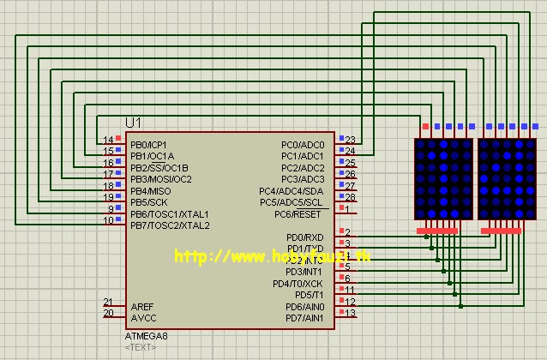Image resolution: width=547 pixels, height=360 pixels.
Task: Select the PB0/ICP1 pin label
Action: tap(149, 145)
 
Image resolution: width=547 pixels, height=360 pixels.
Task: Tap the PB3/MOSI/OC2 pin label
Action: tap(161, 179)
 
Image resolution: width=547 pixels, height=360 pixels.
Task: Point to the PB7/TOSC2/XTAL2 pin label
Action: tap(170, 225)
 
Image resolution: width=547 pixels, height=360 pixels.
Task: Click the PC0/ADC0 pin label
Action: tap(303, 145)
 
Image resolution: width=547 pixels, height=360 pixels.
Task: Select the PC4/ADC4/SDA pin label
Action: tap(292, 191)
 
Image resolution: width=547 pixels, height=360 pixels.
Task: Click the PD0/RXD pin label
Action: tap(305, 237)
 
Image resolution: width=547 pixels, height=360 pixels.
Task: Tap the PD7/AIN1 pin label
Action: tap(304, 318)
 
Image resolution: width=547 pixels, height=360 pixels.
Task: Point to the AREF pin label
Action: tap(142, 306)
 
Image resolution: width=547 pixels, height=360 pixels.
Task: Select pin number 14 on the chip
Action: tap(108, 140)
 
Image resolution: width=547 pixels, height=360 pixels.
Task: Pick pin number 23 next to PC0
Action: tap(350, 140)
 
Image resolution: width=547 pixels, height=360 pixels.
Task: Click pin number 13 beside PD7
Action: tap(350, 313)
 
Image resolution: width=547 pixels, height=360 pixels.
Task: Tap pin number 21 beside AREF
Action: tap(108, 301)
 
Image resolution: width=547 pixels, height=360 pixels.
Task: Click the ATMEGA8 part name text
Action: tap(147, 336)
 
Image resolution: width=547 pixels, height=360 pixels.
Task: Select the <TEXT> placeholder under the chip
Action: tap(140, 347)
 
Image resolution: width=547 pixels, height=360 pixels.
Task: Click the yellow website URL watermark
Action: tap(273, 256)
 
